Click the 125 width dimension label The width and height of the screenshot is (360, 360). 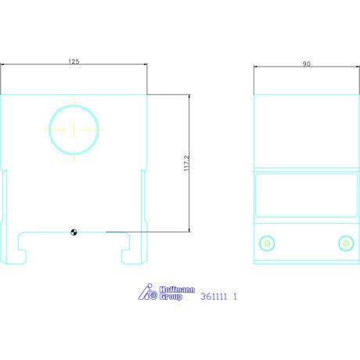coord(74,62)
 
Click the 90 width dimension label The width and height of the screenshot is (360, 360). coord(307,64)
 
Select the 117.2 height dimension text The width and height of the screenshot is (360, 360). coord(187,164)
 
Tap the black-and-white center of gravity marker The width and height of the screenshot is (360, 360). coord(74,232)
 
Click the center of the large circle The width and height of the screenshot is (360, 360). coord(74,130)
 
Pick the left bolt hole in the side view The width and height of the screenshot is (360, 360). coord(267,243)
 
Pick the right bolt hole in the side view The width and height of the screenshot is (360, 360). coord(346,243)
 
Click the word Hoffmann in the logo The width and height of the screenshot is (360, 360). coord(177,290)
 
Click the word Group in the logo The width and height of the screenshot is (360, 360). coord(171,297)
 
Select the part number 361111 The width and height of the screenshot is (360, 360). coord(214,297)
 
